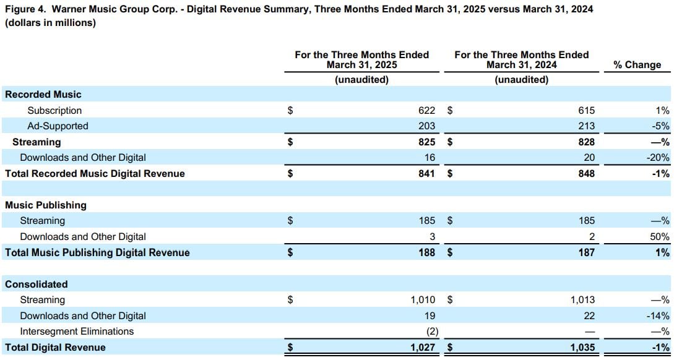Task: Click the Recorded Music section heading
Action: [x=43, y=95]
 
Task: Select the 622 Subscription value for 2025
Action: [x=426, y=111]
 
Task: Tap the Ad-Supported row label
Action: [x=58, y=126]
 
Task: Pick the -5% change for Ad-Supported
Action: [x=661, y=126]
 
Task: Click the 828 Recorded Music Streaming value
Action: [x=586, y=142]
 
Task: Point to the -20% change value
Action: [x=659, y=158]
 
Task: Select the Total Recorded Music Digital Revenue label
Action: [x=95, y=174]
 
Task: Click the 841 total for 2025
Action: [x=426, y=174]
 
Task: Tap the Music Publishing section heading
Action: [x=46, y=205]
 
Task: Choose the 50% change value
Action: [x=660, y=237]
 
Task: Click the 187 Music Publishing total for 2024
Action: [x=586, y=252]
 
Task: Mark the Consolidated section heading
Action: [x=37, y=285]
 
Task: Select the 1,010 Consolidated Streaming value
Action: [x=423, y=300]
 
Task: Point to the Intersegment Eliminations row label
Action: [x=77, y=332]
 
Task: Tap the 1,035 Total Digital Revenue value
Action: [x=582, y=348]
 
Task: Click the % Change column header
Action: [x=637, y=65]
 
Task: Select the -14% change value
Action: [x=659, y=316]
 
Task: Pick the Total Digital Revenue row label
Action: [x=55, y=348]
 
